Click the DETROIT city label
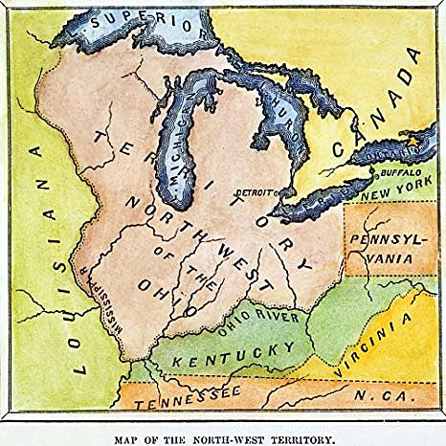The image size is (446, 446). [255, 192]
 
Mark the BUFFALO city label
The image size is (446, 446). [397, 176]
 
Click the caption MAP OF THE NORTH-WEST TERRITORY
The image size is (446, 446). [223, 438]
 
